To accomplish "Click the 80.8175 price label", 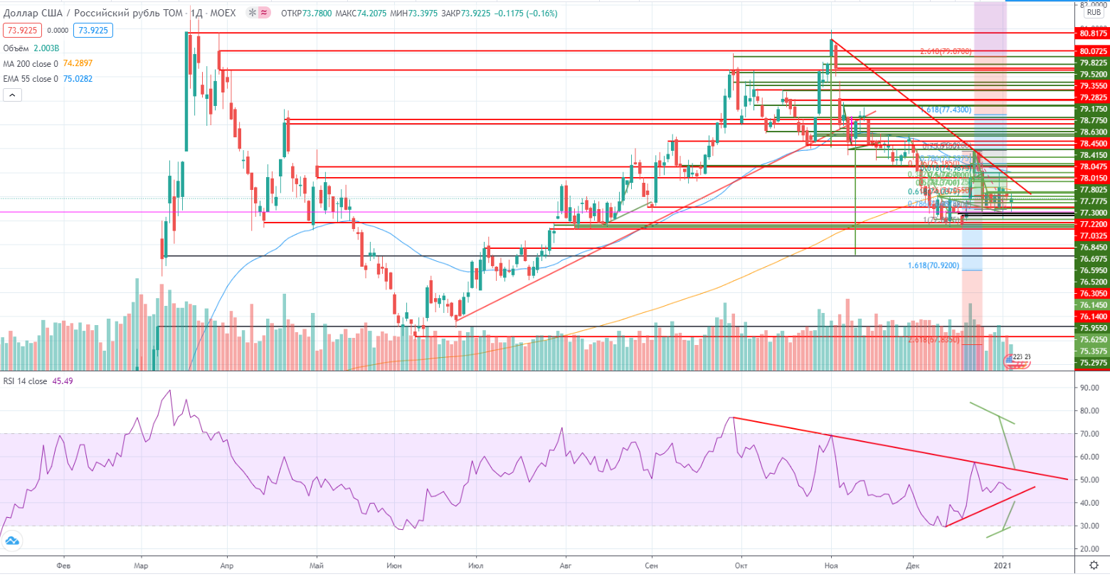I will click(x=1093, y=33).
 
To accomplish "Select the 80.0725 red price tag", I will click(x=1093, y=51).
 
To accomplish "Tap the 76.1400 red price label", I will click(x=1093, y=317).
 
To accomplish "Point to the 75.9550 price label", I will click(x=1093, y=328).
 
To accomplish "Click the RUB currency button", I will click(x=1094, y=13).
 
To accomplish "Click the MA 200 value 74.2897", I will click(x=78, y=63).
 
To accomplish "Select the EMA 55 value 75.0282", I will click(x=78, y=79).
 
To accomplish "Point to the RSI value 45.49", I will click(x=63, y=381).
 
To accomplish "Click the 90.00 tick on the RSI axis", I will click(x=1089, y=388).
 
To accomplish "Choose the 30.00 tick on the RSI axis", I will click(x=1089, y=526).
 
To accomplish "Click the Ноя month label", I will click(x=830, y=566).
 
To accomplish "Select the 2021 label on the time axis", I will click(x=1003, y=566).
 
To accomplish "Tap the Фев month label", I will click(x=63, y=566).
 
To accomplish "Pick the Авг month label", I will click(x=566, y=566).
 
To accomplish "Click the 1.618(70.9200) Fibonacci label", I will click(x=933, y=265).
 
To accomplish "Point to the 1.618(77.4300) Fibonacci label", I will click(x=945, y=110).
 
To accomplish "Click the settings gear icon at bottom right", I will click(x=1094, y=565).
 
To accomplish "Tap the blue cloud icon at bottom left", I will click(x=12, y=541).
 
